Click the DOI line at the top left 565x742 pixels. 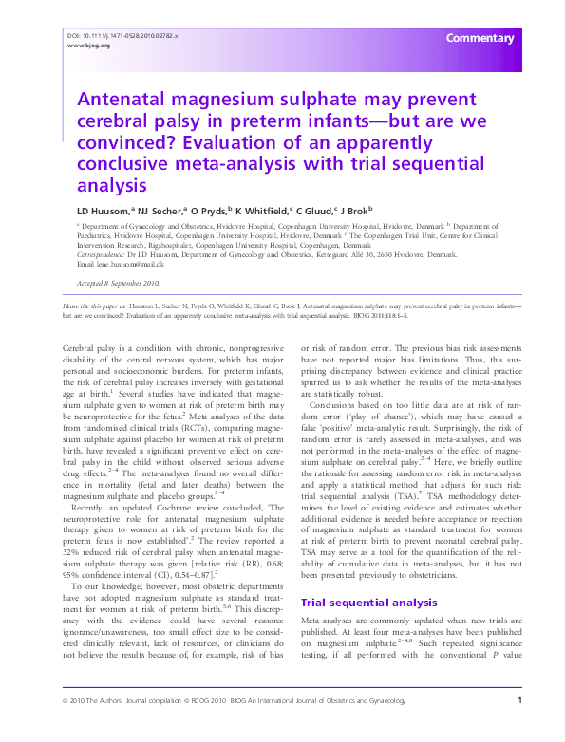(x=122, y=35)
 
